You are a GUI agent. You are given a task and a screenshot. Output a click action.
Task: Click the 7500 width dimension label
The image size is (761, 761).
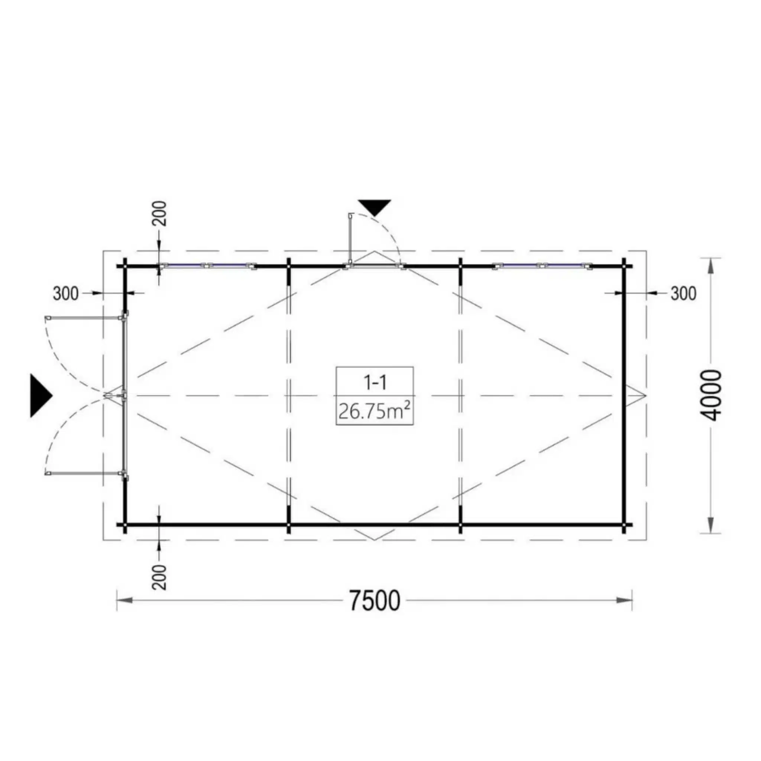[x=375, y=601]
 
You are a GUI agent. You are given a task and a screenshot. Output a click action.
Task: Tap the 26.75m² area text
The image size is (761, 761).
[x=374, y=412]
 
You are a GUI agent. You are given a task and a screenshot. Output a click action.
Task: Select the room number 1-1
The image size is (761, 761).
[x=375, y=382]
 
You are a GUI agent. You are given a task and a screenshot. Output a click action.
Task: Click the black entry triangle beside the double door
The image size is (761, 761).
[x=41, y=395]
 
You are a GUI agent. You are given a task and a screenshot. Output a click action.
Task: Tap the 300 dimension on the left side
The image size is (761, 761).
[x=66, y=294]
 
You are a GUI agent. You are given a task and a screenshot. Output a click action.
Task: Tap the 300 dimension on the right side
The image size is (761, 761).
[x=683, y=294]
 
